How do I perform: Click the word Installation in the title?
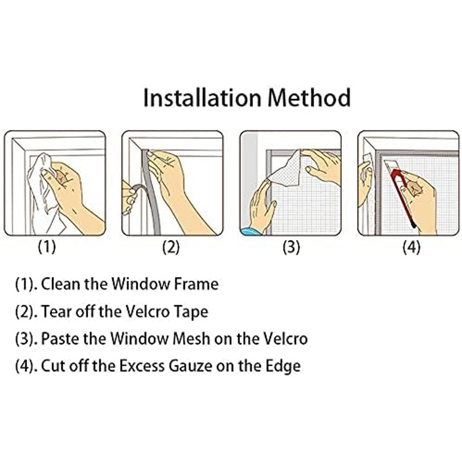202,98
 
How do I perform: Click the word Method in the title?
310,98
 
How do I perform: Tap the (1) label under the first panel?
47,247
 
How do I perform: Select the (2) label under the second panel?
171,247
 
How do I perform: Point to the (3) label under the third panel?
291,247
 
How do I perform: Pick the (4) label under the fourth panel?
411,247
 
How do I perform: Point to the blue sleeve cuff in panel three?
250,232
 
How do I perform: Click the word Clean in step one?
61,284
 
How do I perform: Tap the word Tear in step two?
56,311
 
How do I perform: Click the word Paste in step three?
60,338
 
